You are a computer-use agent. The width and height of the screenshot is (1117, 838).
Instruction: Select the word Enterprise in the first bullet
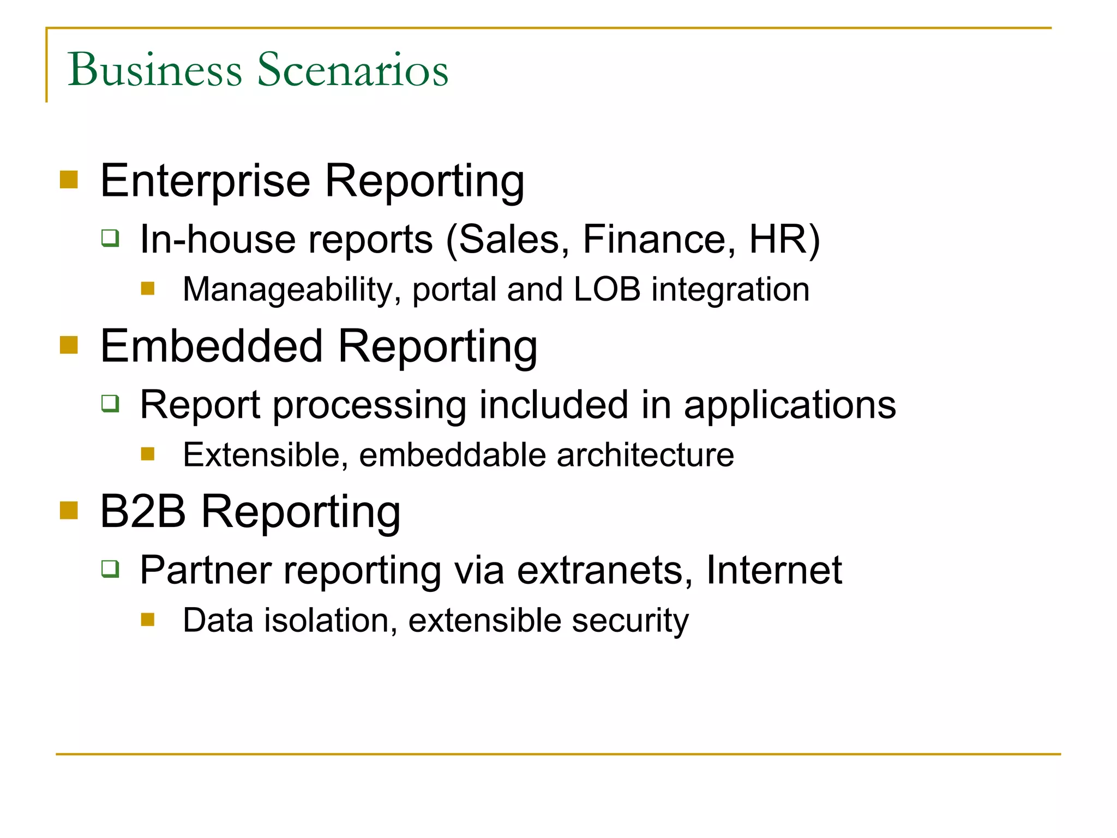pos(205,182)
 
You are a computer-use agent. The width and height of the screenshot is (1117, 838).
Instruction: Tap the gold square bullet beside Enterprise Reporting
pos(69,179)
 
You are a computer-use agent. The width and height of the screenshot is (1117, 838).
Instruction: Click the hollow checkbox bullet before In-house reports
pos(110,238)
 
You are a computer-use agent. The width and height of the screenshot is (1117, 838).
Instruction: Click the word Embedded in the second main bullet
pos(212,346)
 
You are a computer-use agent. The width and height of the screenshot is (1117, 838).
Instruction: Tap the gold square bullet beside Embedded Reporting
pos(69,345)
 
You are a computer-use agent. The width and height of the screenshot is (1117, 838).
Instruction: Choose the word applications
pos(790,405)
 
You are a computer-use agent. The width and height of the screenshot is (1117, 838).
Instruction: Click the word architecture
pos(645,455)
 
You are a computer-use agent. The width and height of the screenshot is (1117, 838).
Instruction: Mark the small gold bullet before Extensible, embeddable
pos(148,454)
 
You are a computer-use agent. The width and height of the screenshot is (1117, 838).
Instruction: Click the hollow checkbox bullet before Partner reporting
pos(110,568)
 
